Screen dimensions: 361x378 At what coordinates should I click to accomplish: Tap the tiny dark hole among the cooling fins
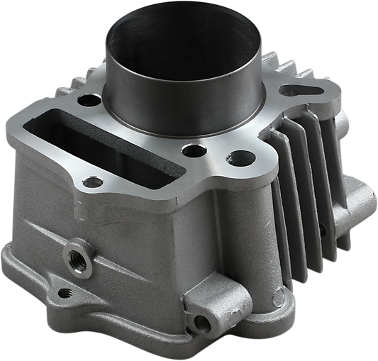[x=322, y=231]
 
